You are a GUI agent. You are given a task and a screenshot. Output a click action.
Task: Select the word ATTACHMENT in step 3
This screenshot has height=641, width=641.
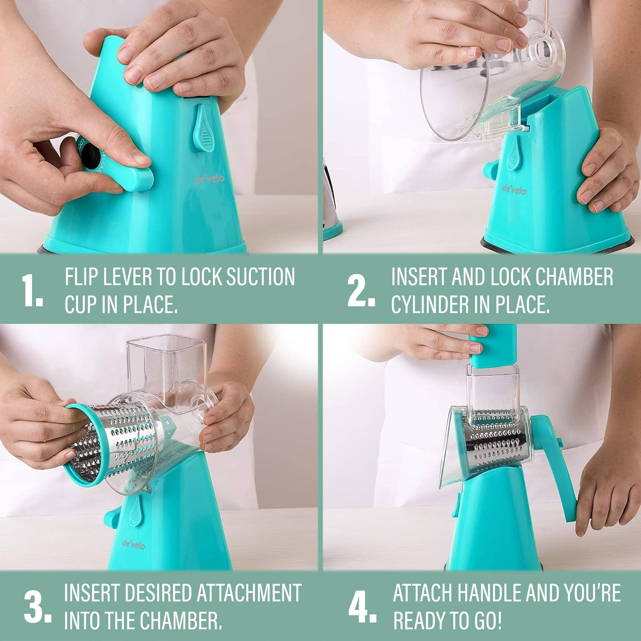pyautogui.click(x=249, y=593)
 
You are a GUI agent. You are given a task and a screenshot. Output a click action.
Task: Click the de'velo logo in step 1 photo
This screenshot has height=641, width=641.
pyautogui.click(x=209, y=179)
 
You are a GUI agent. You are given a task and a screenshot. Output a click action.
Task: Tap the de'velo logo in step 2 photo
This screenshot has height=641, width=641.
pyautogui.click(x=514, y=190)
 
